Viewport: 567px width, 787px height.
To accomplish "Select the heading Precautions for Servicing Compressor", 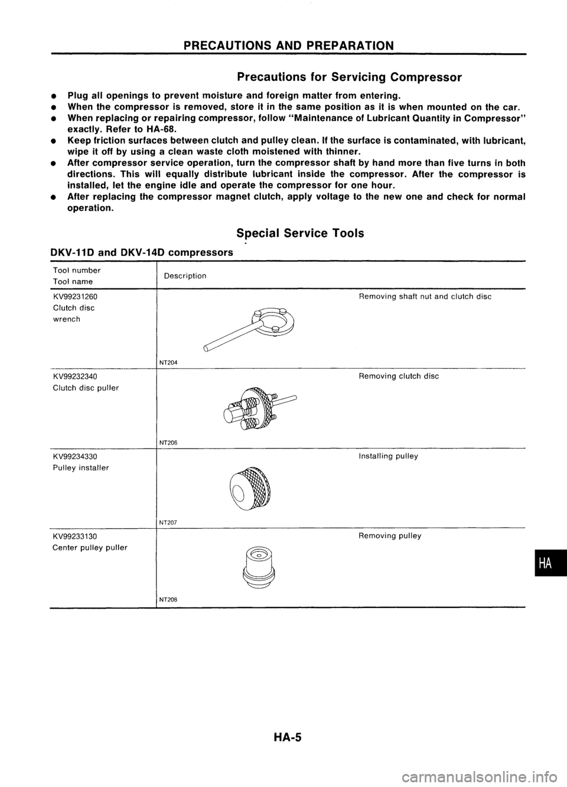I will click(x=348, y=77).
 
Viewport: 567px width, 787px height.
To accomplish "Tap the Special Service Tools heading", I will click(x=300, y=233).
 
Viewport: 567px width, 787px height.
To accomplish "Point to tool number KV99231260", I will click(x=75, y=297).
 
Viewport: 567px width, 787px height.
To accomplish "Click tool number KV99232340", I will click(x=75, y=376).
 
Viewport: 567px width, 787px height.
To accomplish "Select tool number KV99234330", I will click(x=75, y=456).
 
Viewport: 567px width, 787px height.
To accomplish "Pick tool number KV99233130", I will click(x=75, y=535).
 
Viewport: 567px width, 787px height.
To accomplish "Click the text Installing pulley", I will click(x=388, y=456).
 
